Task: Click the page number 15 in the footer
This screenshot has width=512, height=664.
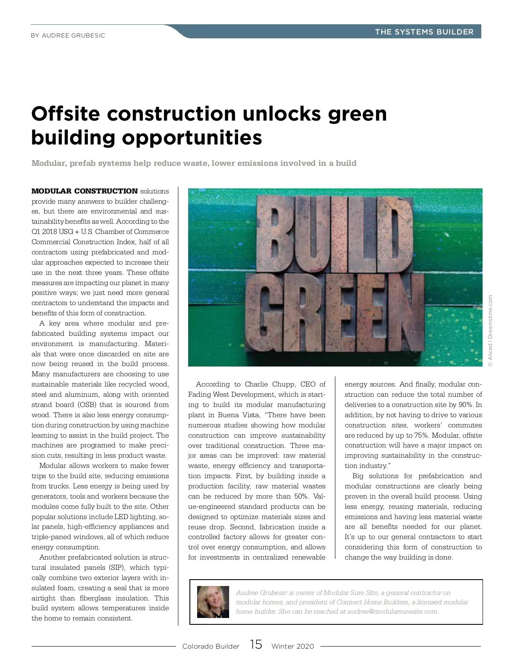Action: [256, 644]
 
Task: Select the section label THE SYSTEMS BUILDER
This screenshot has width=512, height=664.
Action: [424, 32]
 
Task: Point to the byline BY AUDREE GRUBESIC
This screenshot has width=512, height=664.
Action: [68, 35]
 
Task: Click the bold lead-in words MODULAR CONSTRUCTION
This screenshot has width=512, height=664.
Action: [84, 191]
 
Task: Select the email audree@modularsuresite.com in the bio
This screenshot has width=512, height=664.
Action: [392, 612]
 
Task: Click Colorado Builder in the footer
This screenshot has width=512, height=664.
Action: [211, 646]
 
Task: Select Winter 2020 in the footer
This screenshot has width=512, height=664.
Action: [292, 646]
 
